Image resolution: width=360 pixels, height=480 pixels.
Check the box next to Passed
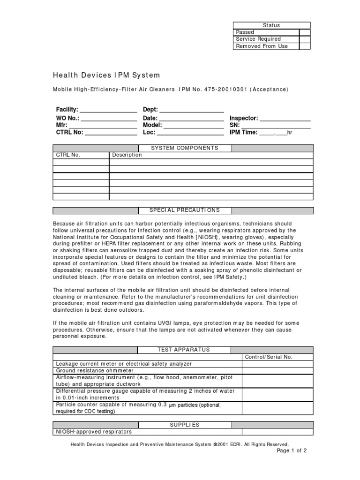(305, 32)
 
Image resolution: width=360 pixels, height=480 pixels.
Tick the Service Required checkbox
(305, 39)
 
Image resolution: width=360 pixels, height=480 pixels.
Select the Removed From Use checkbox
(305, 46)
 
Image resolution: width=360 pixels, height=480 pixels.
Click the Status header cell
(271, 25)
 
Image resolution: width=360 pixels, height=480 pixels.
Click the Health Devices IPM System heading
(106, 75)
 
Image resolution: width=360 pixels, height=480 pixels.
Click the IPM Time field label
(243, 133)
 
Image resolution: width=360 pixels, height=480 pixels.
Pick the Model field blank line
(194, 126)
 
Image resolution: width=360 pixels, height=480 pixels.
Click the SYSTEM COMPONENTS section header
(184, 148)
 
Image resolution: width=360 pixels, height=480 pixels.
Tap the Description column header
(127, 155)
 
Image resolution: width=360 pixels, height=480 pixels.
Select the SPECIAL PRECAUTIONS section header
(184, 210)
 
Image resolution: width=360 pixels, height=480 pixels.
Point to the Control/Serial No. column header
(269, 357)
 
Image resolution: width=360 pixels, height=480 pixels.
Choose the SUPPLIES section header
(184, 425)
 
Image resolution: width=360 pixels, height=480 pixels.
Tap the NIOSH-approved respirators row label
(94, 432)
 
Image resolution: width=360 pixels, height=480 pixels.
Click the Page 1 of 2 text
(292, 451)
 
